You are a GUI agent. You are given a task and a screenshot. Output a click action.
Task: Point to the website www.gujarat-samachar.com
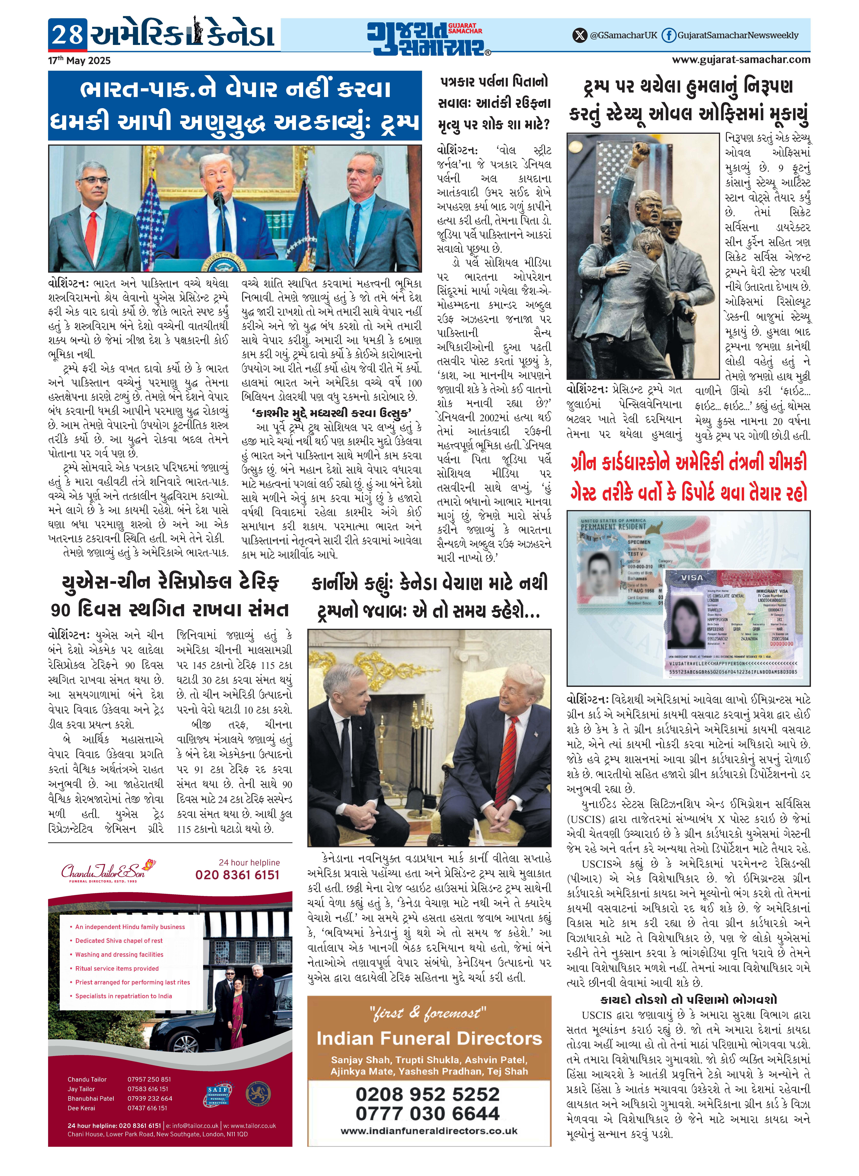click(741, 59)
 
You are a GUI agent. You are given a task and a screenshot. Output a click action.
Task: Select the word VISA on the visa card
click(692, 577)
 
